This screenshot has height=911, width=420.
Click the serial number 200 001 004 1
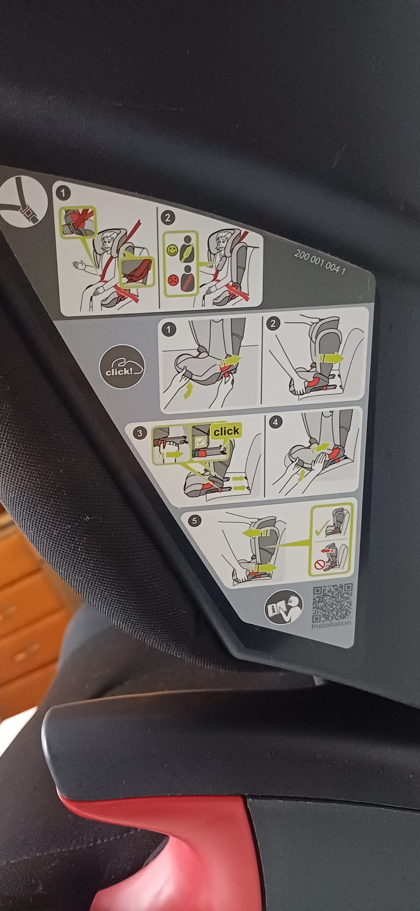pos(320,261)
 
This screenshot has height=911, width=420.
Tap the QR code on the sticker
pos(332,603)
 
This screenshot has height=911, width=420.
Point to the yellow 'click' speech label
pos(226,431)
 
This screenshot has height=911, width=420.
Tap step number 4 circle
pos(275,422)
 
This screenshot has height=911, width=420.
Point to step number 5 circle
pos(195,521)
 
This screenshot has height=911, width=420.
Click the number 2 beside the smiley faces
pos(169,217)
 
